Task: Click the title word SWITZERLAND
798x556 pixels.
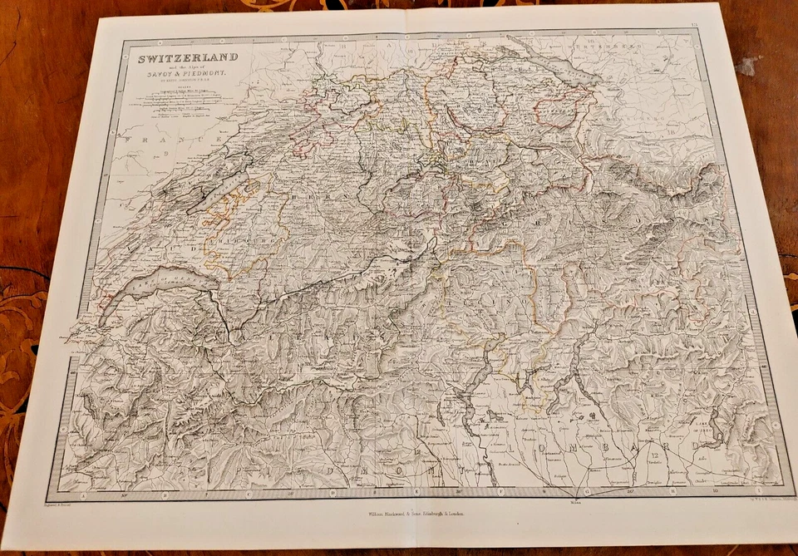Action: click(187, 57)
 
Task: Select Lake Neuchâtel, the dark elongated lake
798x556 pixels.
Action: click(217, 193)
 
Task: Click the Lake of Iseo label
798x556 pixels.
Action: click(707, 427)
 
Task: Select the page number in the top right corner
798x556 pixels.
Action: click(694, 30)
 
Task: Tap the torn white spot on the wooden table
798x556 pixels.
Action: click(747, 66)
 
